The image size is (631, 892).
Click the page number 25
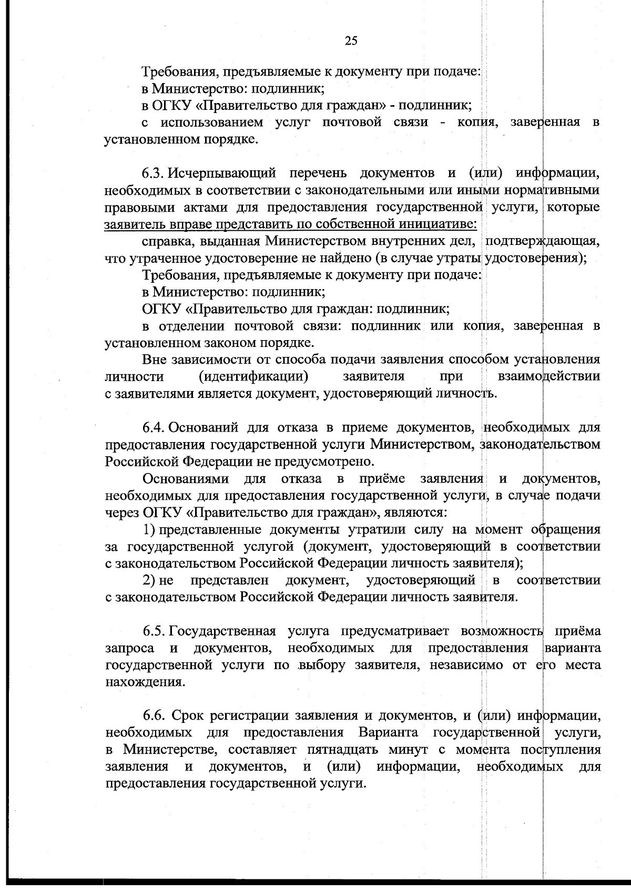pos(351,41)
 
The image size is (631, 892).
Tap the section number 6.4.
pos(154,427)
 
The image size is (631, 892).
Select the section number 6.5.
pos(154,631)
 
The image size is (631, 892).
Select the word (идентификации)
pos(253,376)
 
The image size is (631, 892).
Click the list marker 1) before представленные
pos(149,529)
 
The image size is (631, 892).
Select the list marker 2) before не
pos(149,580)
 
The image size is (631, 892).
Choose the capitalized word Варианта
pos(389,733)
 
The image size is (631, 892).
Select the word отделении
pos(190,326)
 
